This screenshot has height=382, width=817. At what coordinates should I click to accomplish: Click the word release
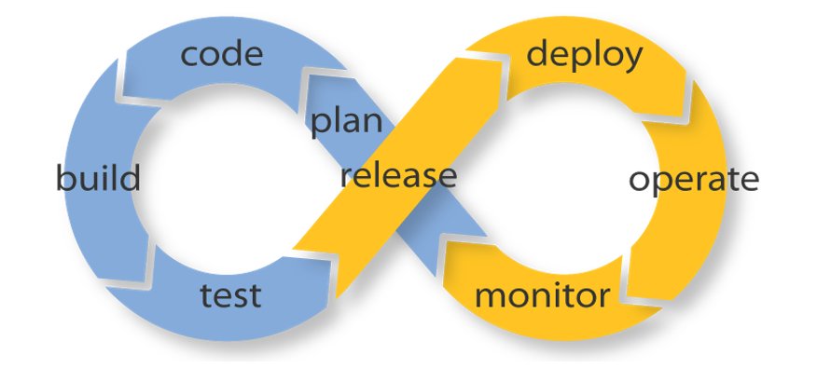point(398,174)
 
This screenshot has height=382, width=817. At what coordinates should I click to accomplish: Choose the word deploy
point(585,55)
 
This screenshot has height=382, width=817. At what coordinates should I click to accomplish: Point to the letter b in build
point(63,176)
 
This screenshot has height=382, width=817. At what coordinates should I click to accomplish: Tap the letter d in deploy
point(538,54)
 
